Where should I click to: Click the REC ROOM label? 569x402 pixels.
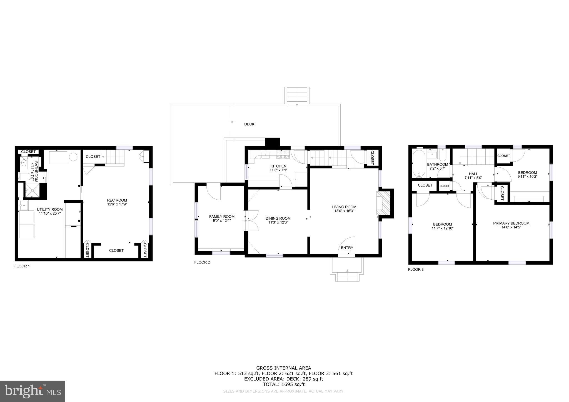click(x=117, y=200)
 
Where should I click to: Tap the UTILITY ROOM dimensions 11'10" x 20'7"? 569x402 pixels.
click(x=50, y=213)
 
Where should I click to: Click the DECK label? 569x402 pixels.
click(x=249, y=124)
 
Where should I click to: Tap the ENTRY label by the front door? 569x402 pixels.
click(x=347, y=248)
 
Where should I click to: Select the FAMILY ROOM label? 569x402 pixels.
click(x=222, y=217)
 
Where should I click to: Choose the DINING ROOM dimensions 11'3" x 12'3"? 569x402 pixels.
click(x=278, y=222)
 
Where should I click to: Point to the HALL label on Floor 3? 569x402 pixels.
click(x=473, y=174)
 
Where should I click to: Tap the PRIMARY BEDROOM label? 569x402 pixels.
click(x=511, y=223)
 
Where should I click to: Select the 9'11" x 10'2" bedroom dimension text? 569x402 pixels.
click(x=527, y=176)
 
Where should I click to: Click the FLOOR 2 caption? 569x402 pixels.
click(x=202, y=262)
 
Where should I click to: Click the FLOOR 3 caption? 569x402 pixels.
click(x=416, y=270)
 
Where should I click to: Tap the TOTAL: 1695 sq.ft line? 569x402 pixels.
click(x=283, y=385)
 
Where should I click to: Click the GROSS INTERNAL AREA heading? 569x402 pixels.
click(x=283, y=368)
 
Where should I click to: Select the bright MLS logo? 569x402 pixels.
click(x=33, y=391)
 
